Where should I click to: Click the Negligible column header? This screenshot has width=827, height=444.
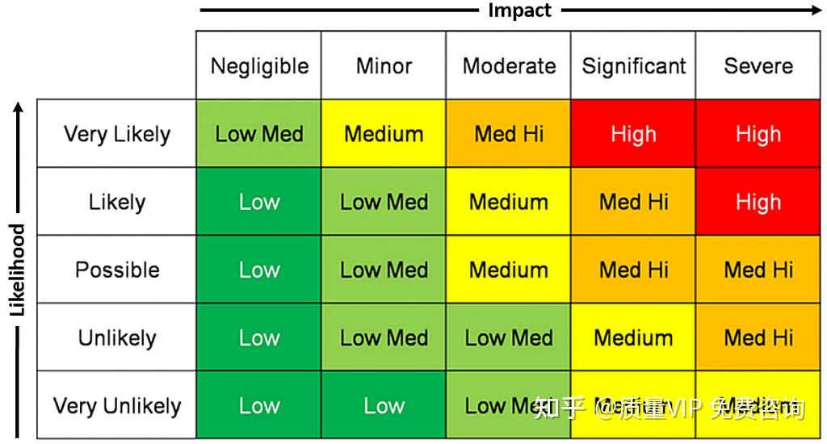[258, 66]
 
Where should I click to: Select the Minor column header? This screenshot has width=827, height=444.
[384, 66]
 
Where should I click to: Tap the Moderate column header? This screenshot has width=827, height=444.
[509, 66]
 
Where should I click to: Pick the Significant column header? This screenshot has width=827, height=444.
[634, 66]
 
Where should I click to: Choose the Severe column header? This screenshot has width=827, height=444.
[758, 66]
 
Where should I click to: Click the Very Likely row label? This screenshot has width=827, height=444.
[117, 134]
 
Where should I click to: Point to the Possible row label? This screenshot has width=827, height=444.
[117, 270]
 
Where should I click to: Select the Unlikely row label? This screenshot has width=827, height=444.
[117, 337]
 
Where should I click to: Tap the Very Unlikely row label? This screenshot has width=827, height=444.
[117, 405]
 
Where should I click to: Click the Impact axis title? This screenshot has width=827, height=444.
[519, 10]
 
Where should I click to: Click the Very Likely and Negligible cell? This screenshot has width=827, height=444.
[258, 134]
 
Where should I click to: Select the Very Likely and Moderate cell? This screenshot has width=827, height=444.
[509, 134]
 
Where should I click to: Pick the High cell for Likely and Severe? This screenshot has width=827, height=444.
[758, 202]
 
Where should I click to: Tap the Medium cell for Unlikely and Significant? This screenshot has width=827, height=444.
[634, 337]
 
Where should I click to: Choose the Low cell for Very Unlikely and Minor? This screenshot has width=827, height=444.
[384, 405]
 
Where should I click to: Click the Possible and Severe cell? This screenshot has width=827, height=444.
[758, 270]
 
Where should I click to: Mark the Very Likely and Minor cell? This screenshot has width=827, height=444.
[384, 134]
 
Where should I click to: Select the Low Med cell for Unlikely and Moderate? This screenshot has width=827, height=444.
[509, 337]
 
